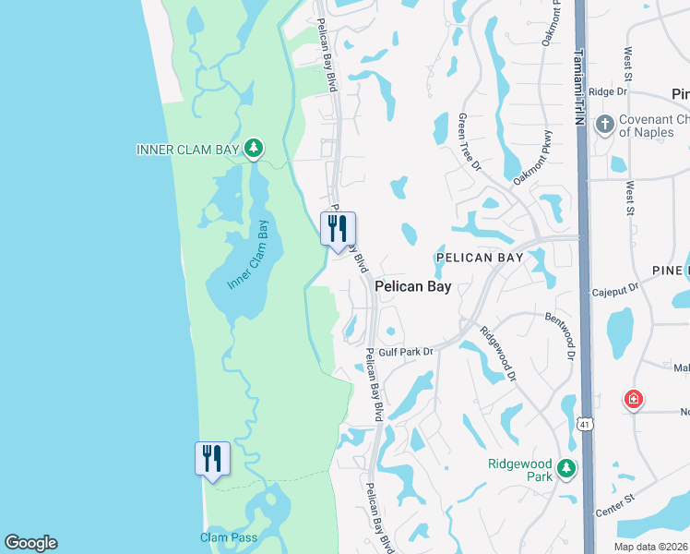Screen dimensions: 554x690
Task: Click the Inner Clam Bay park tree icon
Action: (254, 148)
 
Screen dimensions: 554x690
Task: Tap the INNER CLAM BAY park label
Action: (188, 150)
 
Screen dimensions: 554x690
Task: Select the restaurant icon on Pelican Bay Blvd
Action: (338, 228)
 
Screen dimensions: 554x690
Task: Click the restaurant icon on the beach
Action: (212, 458)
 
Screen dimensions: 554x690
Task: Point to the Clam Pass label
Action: (229, 537)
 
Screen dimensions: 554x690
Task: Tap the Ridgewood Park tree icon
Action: (565, 469)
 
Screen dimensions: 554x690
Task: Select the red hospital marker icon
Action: (634, 400)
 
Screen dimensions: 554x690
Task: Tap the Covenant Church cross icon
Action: (605, 125)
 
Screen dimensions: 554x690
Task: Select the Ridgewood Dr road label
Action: (499, 348)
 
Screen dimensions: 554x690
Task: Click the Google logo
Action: (30, 543)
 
